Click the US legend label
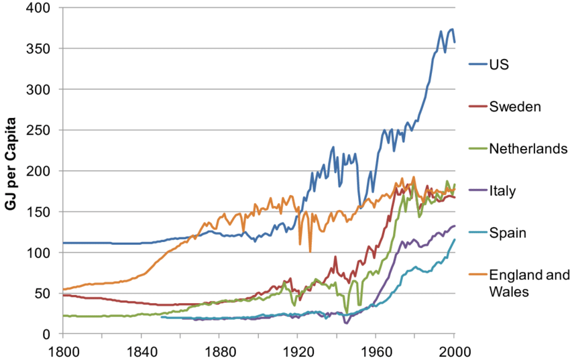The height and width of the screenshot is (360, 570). pyautogui.click(x=500, y=65)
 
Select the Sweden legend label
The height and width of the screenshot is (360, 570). pyautogui.click(x=516, y=107)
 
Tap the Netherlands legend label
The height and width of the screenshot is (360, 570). pyautogui.click(x=528, y=148)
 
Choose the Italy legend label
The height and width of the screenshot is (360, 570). pyautogui.click(x=502, y=191)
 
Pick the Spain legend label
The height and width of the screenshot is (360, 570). pyautogui.click(x=508, y=233)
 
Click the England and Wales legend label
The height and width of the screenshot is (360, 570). pyautogui.click(x=530, y=283)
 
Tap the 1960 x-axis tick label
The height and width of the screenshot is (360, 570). pyautogui.click(x=376, y=351)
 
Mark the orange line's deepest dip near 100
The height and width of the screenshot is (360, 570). pyautogui.click(x=310, y=251)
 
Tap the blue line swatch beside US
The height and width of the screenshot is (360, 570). pyautogui.click(x=476, y=65)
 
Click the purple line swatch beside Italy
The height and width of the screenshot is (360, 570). pyautogui.click(x=476, y=191)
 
